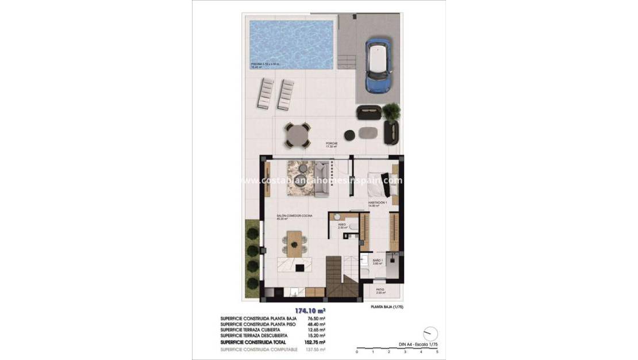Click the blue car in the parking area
[x=378, y=66]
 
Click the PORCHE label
[x=331, y=144]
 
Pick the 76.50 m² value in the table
[x=317, y=318]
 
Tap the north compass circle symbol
[x=430, y=334]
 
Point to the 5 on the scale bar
[x=437, y=351]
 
